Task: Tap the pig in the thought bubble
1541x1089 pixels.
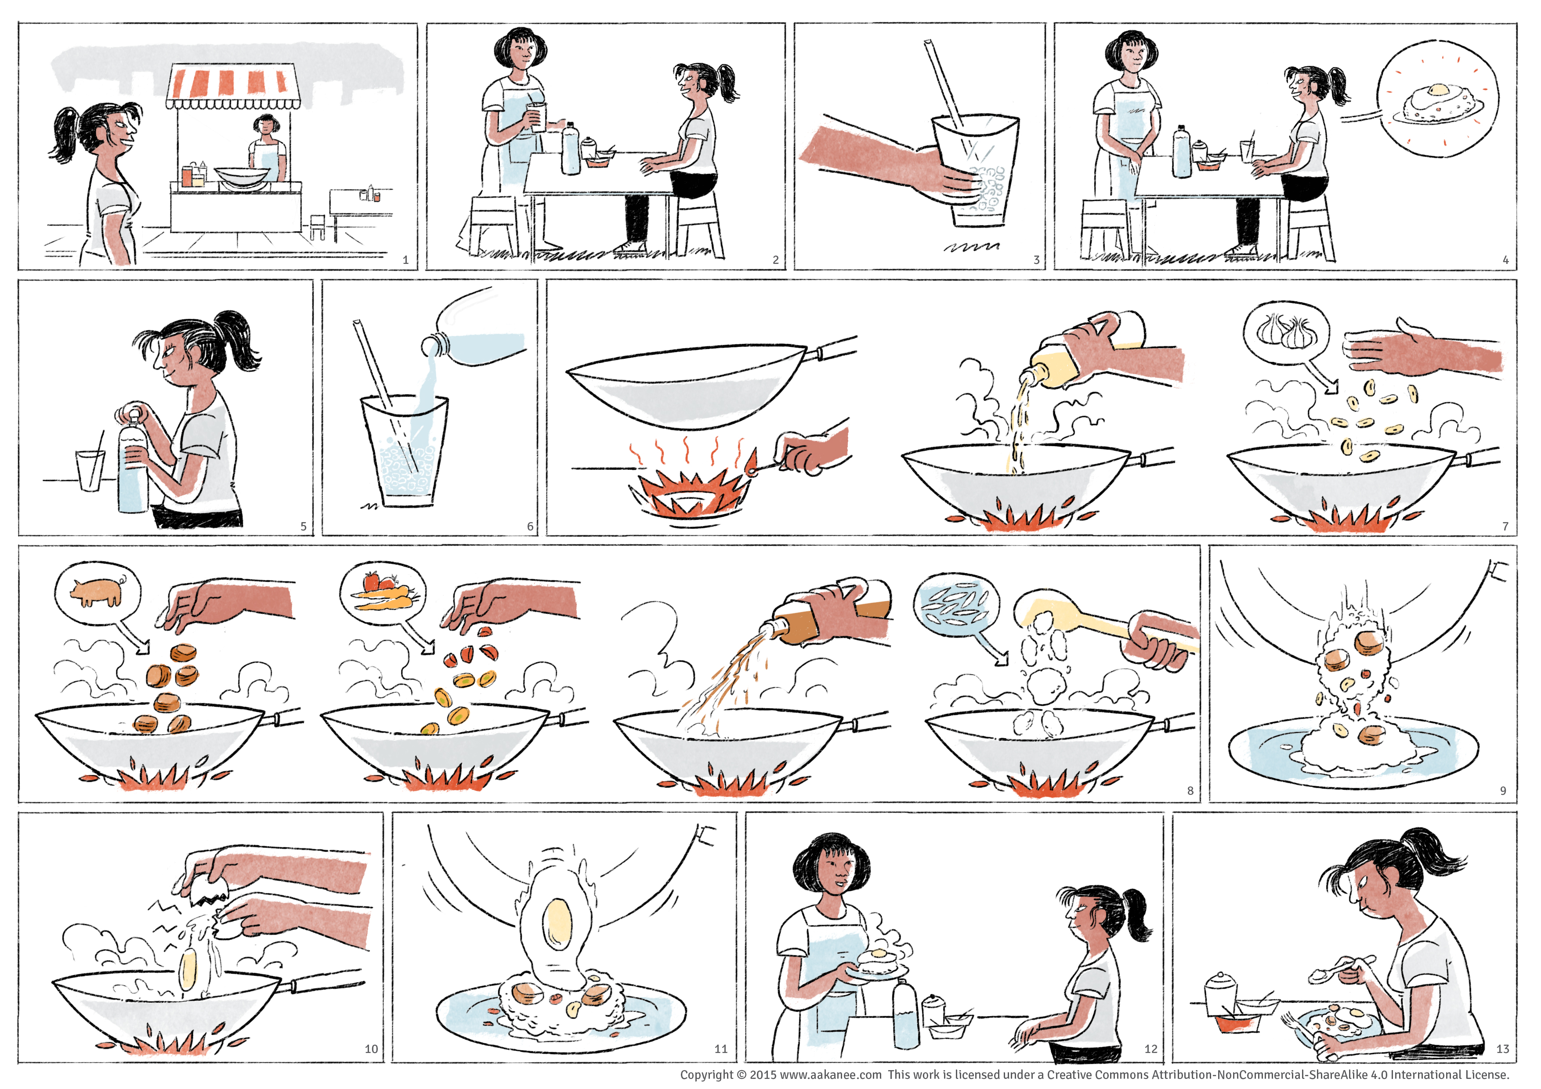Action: pos(98,591)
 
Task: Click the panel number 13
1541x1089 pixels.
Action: pos(1502,1049)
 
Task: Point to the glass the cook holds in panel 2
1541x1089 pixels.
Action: pos(536,117)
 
